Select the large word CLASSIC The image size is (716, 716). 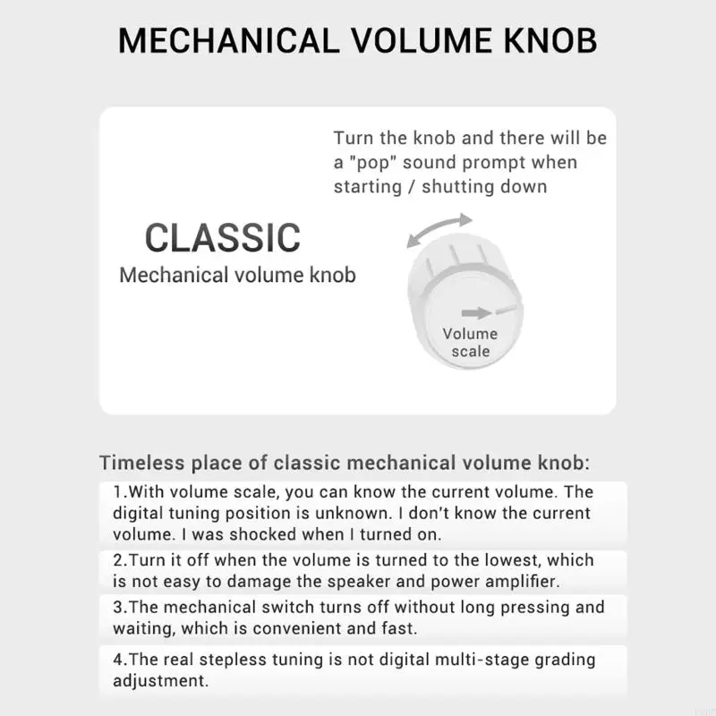coord(223,238)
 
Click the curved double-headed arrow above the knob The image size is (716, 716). coord(439,229)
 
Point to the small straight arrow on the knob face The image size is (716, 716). coord(477,312)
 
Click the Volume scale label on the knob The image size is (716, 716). coord(470,343)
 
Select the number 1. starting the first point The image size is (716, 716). coord(119,492)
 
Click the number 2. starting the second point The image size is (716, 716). coord(119,560)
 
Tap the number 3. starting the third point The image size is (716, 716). coord(119,607)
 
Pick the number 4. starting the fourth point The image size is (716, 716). coord(119,660)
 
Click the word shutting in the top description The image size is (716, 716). coord(456,186)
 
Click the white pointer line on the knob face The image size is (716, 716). coord(507,309)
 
